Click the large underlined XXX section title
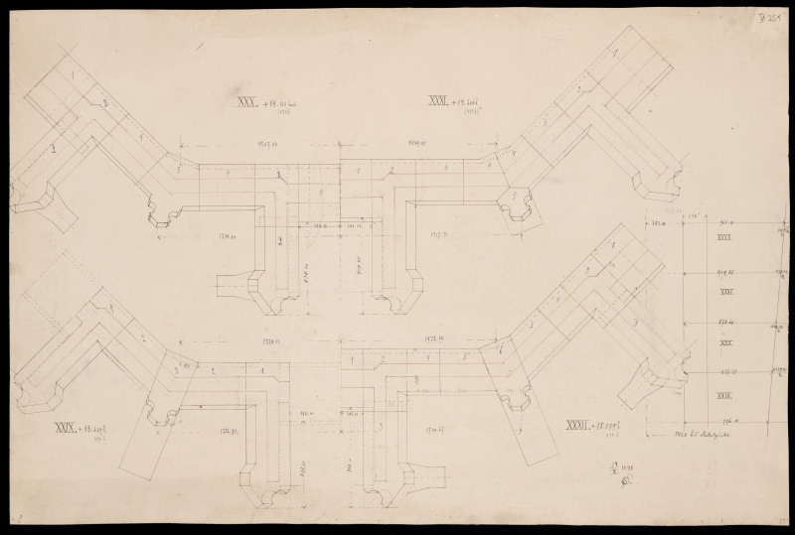point(246,100)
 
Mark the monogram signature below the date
point(625,479)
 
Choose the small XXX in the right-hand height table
point(724,343)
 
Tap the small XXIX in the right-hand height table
point(724,396)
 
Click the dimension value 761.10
point(723,224)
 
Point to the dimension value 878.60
point(723,322)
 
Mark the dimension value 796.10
point(723,421)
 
